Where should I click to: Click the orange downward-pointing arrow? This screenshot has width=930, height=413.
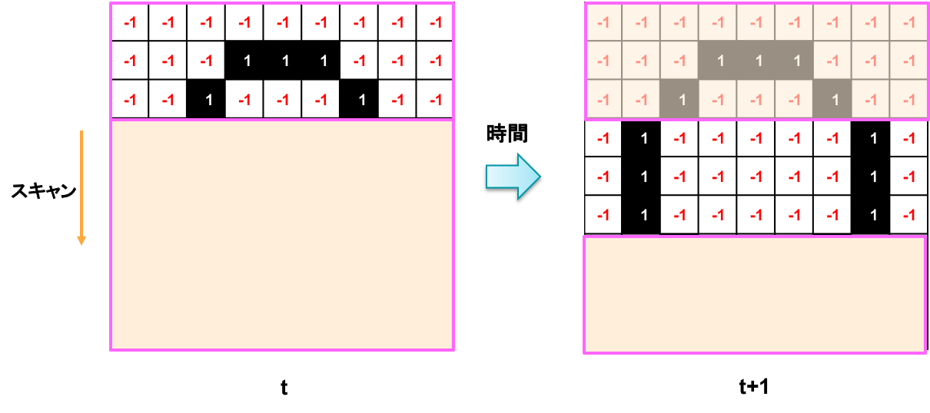coord(81,189)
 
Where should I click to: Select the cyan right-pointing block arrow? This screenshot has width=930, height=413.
coord(513,177)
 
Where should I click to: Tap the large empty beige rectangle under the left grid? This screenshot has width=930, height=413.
coord(282,235)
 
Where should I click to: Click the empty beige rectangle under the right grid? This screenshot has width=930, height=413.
coord(755,295)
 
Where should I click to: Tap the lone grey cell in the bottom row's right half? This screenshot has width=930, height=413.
coord(833,100)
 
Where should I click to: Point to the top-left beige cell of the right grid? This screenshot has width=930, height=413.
coord(603,23)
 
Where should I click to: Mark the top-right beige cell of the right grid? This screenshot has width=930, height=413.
coord(909,23)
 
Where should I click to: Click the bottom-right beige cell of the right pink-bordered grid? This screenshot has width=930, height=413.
coord(909,100)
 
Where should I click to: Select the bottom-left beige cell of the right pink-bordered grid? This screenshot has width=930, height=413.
coord(603,100)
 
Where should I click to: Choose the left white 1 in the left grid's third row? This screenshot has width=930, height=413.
coord(208,100)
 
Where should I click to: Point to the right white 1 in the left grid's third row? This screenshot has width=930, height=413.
coord(362,100)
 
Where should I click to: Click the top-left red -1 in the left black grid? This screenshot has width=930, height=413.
coord(130,23)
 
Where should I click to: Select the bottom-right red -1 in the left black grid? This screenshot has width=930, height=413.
coord(436,100)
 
